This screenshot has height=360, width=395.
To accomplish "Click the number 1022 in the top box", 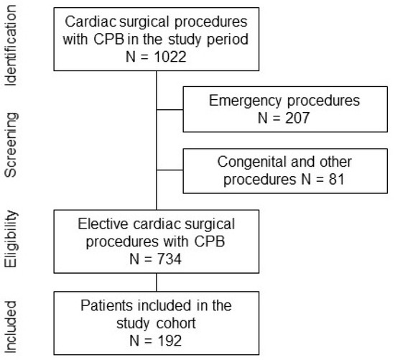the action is coord(170,57).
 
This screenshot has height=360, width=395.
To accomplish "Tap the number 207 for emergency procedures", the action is coord(297,118).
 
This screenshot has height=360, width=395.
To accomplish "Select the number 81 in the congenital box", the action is coord(336,179).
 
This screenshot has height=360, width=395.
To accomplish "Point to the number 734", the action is coord(169,259).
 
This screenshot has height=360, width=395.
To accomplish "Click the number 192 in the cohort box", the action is coord(169,341).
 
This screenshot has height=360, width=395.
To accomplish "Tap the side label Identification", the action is coord(11,45).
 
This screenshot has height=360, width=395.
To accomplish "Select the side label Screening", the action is coord(11,145).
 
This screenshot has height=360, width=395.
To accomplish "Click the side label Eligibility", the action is coord(11,239).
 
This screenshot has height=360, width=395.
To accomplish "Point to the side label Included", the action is coord(11,327).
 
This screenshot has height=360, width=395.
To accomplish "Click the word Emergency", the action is coord(245,101).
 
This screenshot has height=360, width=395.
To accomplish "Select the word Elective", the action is coord(103,223).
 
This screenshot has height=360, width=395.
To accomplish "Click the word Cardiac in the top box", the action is coord(90,22).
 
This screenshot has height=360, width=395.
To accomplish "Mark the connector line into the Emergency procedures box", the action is coord(169,110).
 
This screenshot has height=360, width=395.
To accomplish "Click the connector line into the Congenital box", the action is coord(169,170).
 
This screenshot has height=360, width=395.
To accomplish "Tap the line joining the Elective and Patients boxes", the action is coord(157,282).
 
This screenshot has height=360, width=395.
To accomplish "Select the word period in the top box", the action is coord(228,40).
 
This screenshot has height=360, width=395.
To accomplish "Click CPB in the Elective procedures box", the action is coord(209,241).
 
